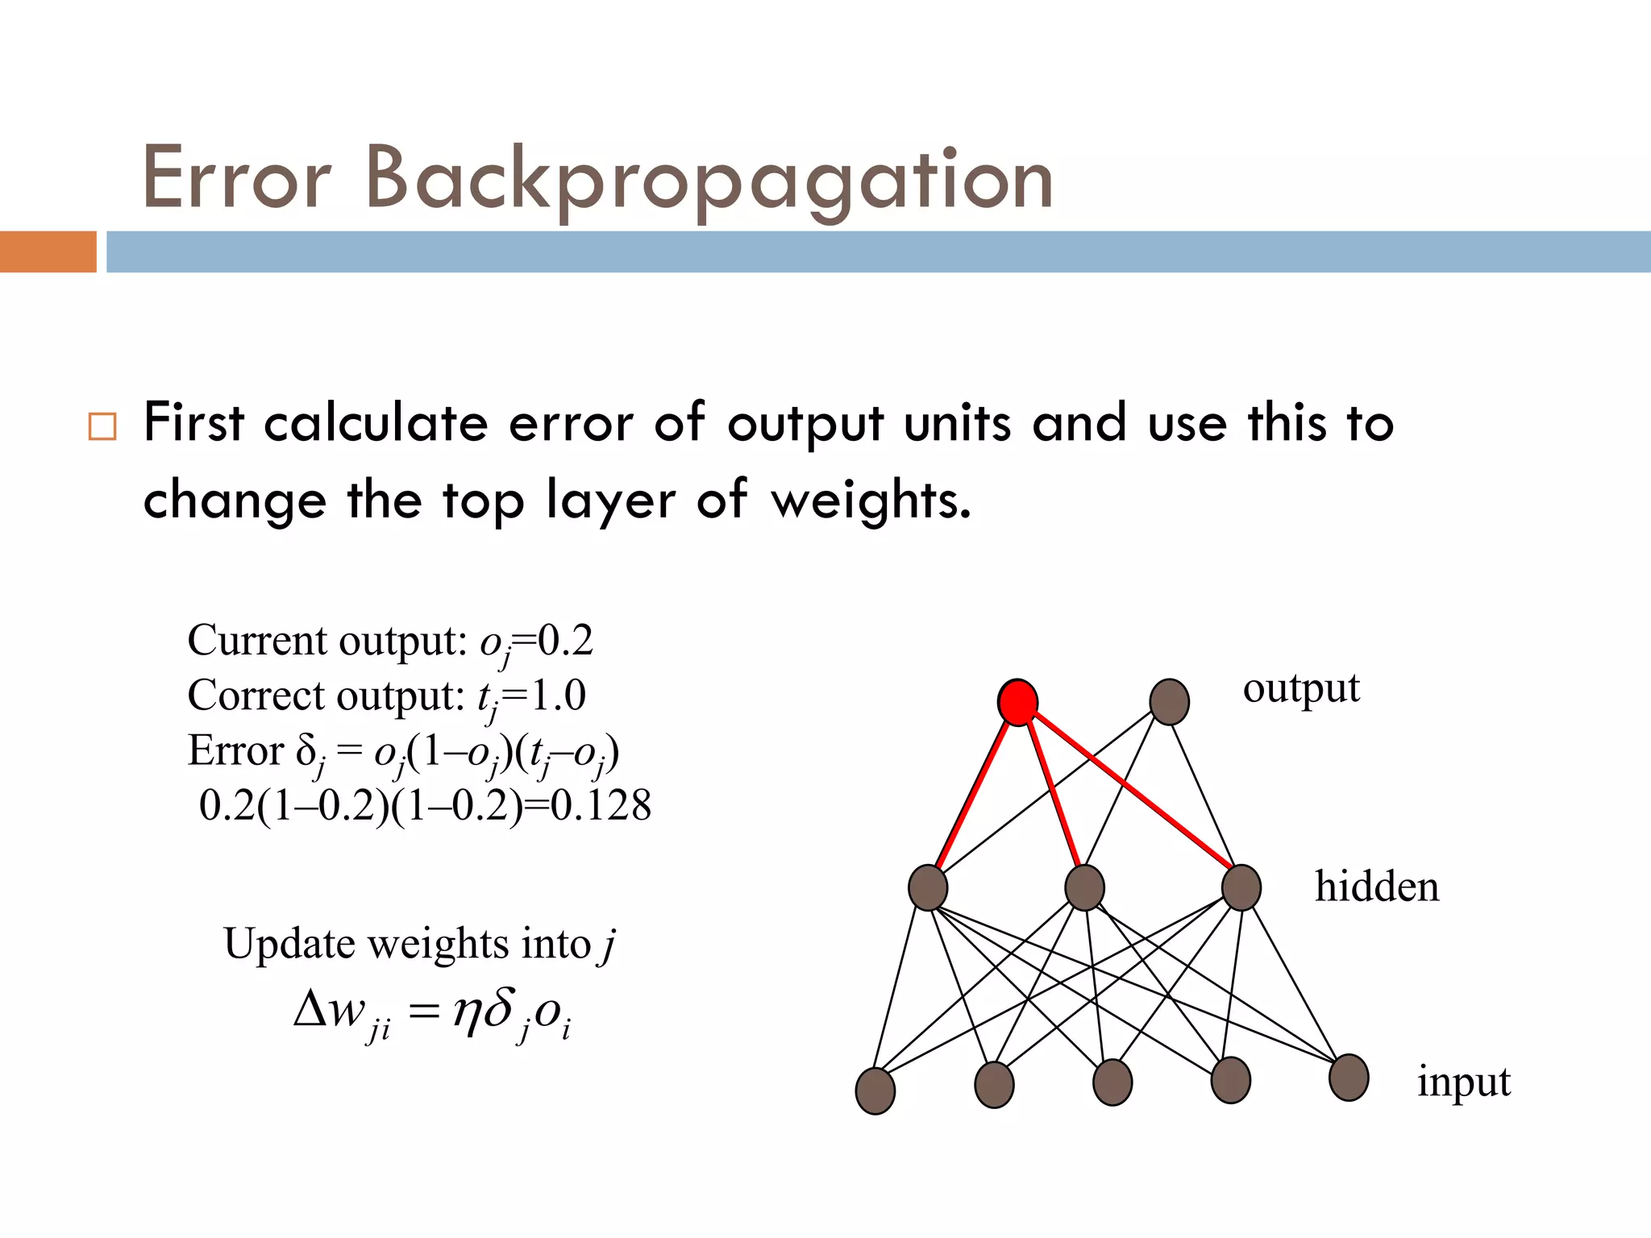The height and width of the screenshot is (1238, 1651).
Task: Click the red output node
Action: (1017, 702)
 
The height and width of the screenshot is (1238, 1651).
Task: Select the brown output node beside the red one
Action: (1169, 701)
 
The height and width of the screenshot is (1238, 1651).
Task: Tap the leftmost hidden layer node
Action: (928, 887)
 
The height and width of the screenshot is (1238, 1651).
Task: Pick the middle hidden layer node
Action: (1084, 887)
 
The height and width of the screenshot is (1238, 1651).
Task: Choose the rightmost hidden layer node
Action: (1241, 887)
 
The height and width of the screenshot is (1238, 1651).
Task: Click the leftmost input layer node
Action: (875, 1091)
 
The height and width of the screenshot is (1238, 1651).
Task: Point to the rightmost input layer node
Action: (1349, 1078)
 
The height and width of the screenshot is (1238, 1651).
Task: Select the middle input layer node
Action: (1112, 1082)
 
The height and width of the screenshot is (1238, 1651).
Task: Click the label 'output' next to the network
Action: (1301, 689)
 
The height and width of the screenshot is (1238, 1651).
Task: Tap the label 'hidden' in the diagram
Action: (1377, 887)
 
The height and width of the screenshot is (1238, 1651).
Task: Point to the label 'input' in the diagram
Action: (1464, 1082)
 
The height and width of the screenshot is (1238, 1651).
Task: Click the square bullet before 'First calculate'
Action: (102, 426)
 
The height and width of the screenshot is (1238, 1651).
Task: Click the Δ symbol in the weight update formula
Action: (310, 1009)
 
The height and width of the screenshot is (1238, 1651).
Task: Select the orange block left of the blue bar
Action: (48, 251)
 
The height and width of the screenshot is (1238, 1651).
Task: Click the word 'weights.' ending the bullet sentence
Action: (871, 501)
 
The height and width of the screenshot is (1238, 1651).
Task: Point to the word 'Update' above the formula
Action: (289, 944)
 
